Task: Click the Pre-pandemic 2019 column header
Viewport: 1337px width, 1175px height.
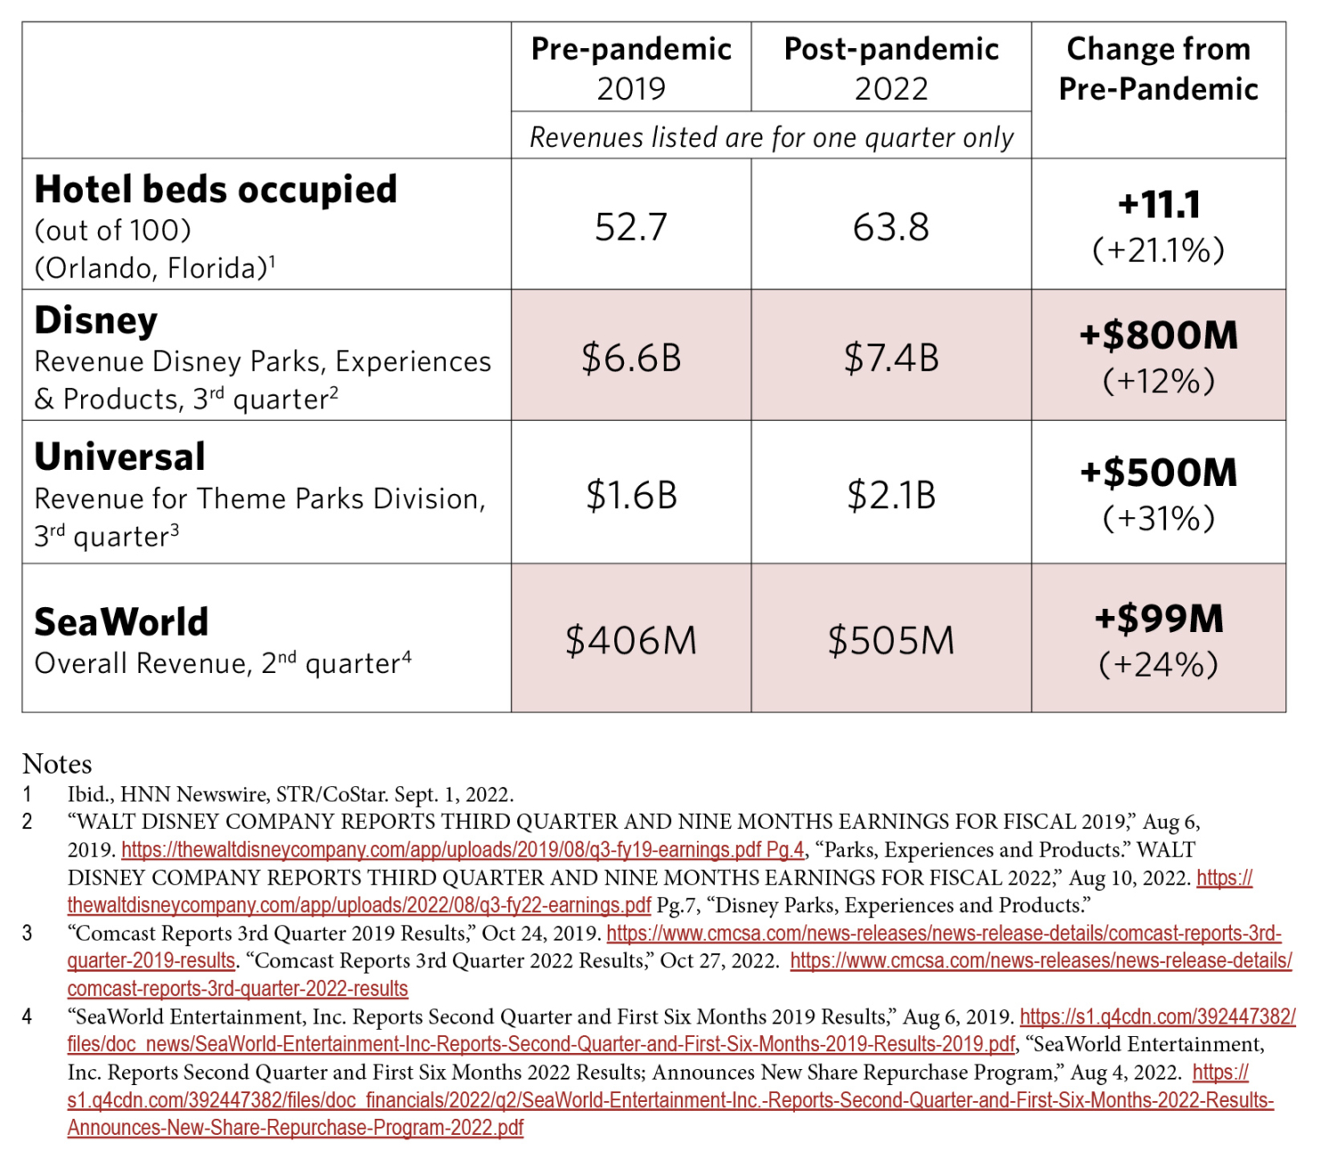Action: tap(631, 68)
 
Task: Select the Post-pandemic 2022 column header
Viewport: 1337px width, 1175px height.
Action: tap(891, 68)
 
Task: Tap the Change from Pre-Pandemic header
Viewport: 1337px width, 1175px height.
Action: tap(1158, 68)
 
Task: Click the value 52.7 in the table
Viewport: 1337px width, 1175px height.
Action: tap(631, 226)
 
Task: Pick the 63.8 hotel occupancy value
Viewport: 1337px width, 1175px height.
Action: tap(891, 226)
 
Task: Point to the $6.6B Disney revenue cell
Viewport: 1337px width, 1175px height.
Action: tap(631, 357)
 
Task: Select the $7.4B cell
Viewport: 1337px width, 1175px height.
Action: tap(891, 357)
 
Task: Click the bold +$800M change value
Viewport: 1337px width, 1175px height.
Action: tap(1158, 334)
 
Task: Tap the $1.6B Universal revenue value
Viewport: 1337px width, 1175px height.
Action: tap(631, 495)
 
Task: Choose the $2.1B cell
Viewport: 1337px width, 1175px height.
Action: tap(891, 495)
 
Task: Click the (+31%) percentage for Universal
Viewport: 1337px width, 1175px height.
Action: tap(1158, 518)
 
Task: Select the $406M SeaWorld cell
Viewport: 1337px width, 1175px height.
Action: tap(631, 640)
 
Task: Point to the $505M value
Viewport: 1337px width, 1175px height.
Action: tap(891, 640)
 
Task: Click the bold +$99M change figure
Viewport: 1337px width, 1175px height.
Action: tap(1158, 619)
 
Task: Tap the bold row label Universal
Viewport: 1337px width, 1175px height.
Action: tap(119, 456)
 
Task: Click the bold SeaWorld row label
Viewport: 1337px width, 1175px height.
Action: tap(120, 621)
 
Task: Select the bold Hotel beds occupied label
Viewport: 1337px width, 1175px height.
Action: tap(216, 190)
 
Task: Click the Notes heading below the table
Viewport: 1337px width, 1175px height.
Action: tap(57, 764)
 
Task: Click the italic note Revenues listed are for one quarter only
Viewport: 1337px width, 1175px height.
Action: tap(771, 137)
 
